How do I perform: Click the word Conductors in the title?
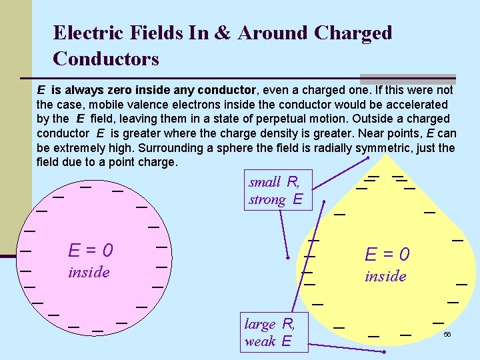(105, 59)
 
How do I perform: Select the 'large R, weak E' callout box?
(270, 332)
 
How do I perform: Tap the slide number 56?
(447, 333)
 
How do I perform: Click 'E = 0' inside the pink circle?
(91, 250)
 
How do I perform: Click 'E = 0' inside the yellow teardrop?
(387, 254)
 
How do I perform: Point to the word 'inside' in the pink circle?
(89, 272)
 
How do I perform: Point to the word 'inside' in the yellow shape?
(385, 276)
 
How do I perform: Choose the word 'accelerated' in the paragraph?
(415, 104)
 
